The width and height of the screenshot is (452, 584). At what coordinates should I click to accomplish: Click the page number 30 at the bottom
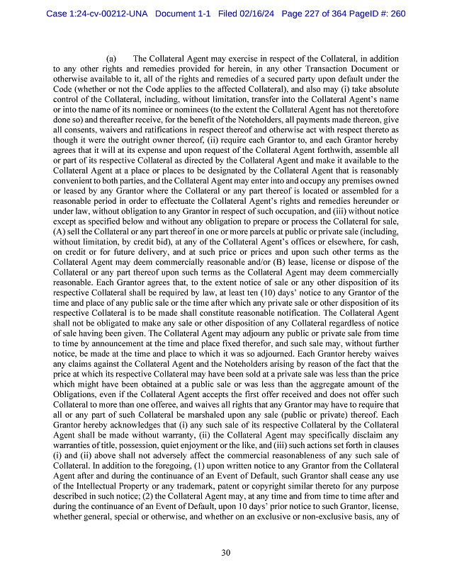pos(225,553)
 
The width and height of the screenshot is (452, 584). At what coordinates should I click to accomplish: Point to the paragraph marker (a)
pos(111,59)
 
